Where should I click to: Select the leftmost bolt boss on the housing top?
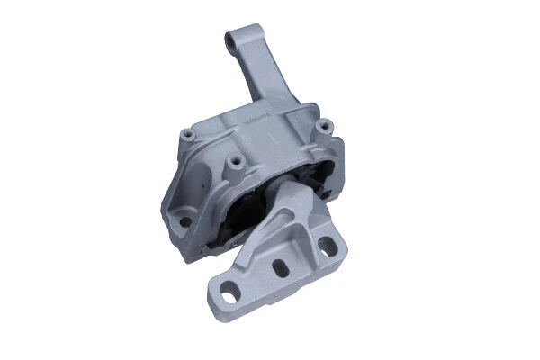[x=191, y=135]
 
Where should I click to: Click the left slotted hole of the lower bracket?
[x=232, y=292]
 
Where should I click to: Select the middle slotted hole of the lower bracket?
[x=280, y=267]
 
